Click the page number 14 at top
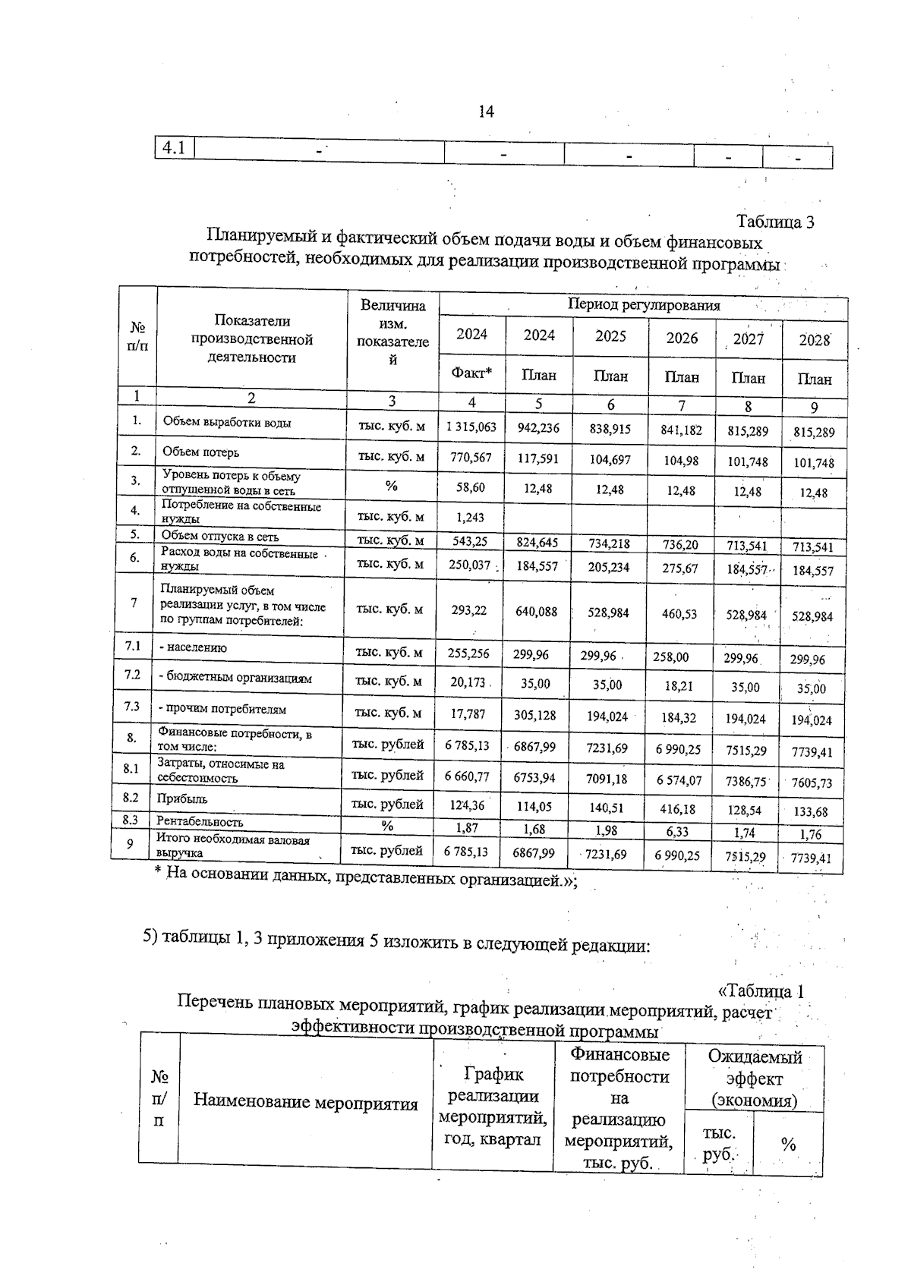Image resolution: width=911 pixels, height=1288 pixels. click(x=486, y=112)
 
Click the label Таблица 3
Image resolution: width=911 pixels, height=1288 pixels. click(x=775, y=222)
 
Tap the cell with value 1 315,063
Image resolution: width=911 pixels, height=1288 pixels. click(x=471, y=427)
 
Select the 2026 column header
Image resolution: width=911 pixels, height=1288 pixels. click(x=682, y=338)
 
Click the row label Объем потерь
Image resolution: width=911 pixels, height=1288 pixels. click(x=201, y=452)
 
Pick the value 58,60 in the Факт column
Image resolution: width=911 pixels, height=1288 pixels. click(x=471, y=487)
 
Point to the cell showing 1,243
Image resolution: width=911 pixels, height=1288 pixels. click(x=471, y=518)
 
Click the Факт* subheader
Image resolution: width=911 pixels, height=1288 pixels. click(x=471, y=373)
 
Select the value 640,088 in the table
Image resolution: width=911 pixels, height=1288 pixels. click(x=536, y=611)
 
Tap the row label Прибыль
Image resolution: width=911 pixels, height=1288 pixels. click(x=182, y=799)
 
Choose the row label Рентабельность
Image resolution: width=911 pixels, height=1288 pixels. click(x=200, y=822)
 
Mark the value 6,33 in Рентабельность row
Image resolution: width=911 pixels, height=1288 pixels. click(x=677, y=832)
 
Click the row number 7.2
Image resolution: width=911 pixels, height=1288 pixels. click(x=132, y=675)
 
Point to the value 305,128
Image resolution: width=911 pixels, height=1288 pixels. click(x=536, y=715)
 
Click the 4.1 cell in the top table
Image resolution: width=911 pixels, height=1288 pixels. click(x=174, y=148)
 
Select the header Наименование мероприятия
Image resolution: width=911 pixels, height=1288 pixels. click(x=305, y=1103)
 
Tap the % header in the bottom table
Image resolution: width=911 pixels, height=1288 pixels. click(x=788, y=1145)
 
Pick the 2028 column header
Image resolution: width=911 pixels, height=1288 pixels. click(x=815, y=341)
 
